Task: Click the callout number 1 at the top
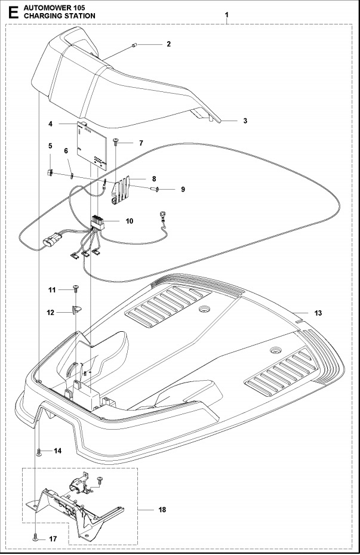coord(226,13)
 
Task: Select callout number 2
coord(168,44)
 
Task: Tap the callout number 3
coord(245,121)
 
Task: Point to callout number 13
coord(318,313)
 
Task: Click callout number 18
coord(162,510)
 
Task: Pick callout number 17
coord(53,539)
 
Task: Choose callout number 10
coord(129,221)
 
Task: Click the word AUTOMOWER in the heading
coord(42,6)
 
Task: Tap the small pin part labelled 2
coord(136,44)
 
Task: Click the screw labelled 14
coord(39,452)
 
